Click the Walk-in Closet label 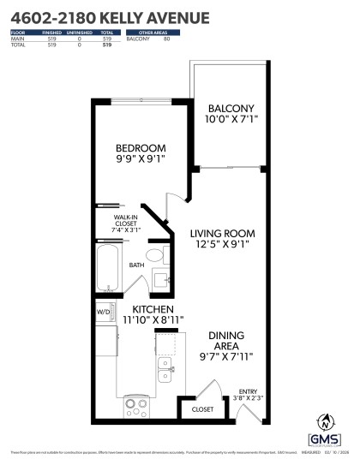click(126, 224)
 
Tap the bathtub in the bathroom click(107, 267)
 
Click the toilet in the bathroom click(155, 255)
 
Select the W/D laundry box click(102, 312)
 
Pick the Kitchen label click(153, 309)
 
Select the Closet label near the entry click(202, 410)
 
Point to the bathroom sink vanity click(161, 280)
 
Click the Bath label click(137, 265)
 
